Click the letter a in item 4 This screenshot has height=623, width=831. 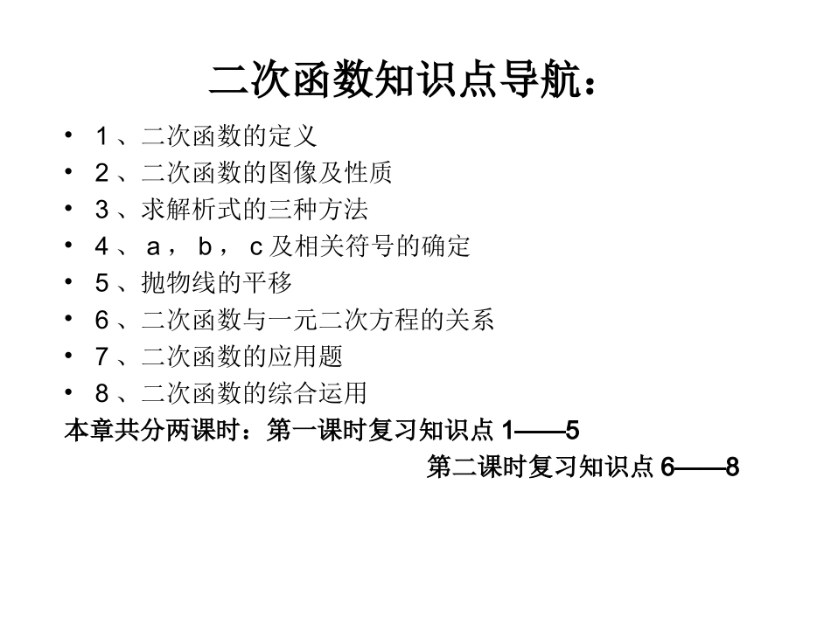(x=153, y=247)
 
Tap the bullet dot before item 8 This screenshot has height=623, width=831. (x=69, y=393)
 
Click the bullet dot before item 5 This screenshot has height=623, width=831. (x=69, y=283)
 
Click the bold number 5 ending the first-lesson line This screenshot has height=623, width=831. (x=573, y=431)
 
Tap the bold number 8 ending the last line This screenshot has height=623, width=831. (x=733, y=468)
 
